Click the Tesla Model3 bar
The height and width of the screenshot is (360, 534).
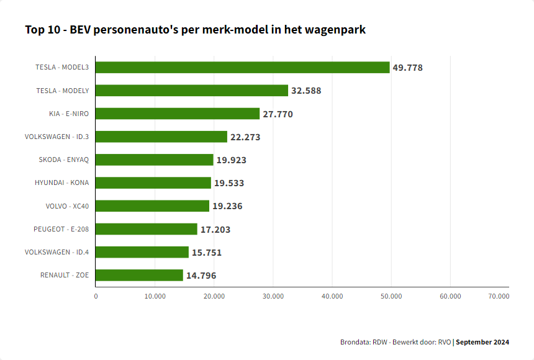tap(242, 68)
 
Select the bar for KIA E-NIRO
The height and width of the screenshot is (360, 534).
tap(178, 114)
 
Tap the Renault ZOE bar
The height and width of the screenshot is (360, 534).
tap(139, 275)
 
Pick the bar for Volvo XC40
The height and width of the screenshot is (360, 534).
tap(152, 206)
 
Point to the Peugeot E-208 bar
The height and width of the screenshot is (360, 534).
tap(147, 229)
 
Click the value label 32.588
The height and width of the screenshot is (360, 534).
tap(306, 91)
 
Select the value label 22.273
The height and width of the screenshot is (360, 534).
tap(245, 137)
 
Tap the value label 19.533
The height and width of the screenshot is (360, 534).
tap(229, 183)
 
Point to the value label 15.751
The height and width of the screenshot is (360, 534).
tap(207, 253)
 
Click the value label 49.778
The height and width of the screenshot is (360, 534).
tap(407, 68)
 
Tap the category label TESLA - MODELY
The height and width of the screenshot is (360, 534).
tap(63, 91)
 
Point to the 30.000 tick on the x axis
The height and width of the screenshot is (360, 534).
tap(273, 296)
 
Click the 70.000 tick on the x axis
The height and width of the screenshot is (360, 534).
tap(499, 296)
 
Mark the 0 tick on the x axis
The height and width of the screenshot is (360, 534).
tap(96, 296)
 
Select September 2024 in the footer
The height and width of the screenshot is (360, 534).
tap(483, 342)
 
